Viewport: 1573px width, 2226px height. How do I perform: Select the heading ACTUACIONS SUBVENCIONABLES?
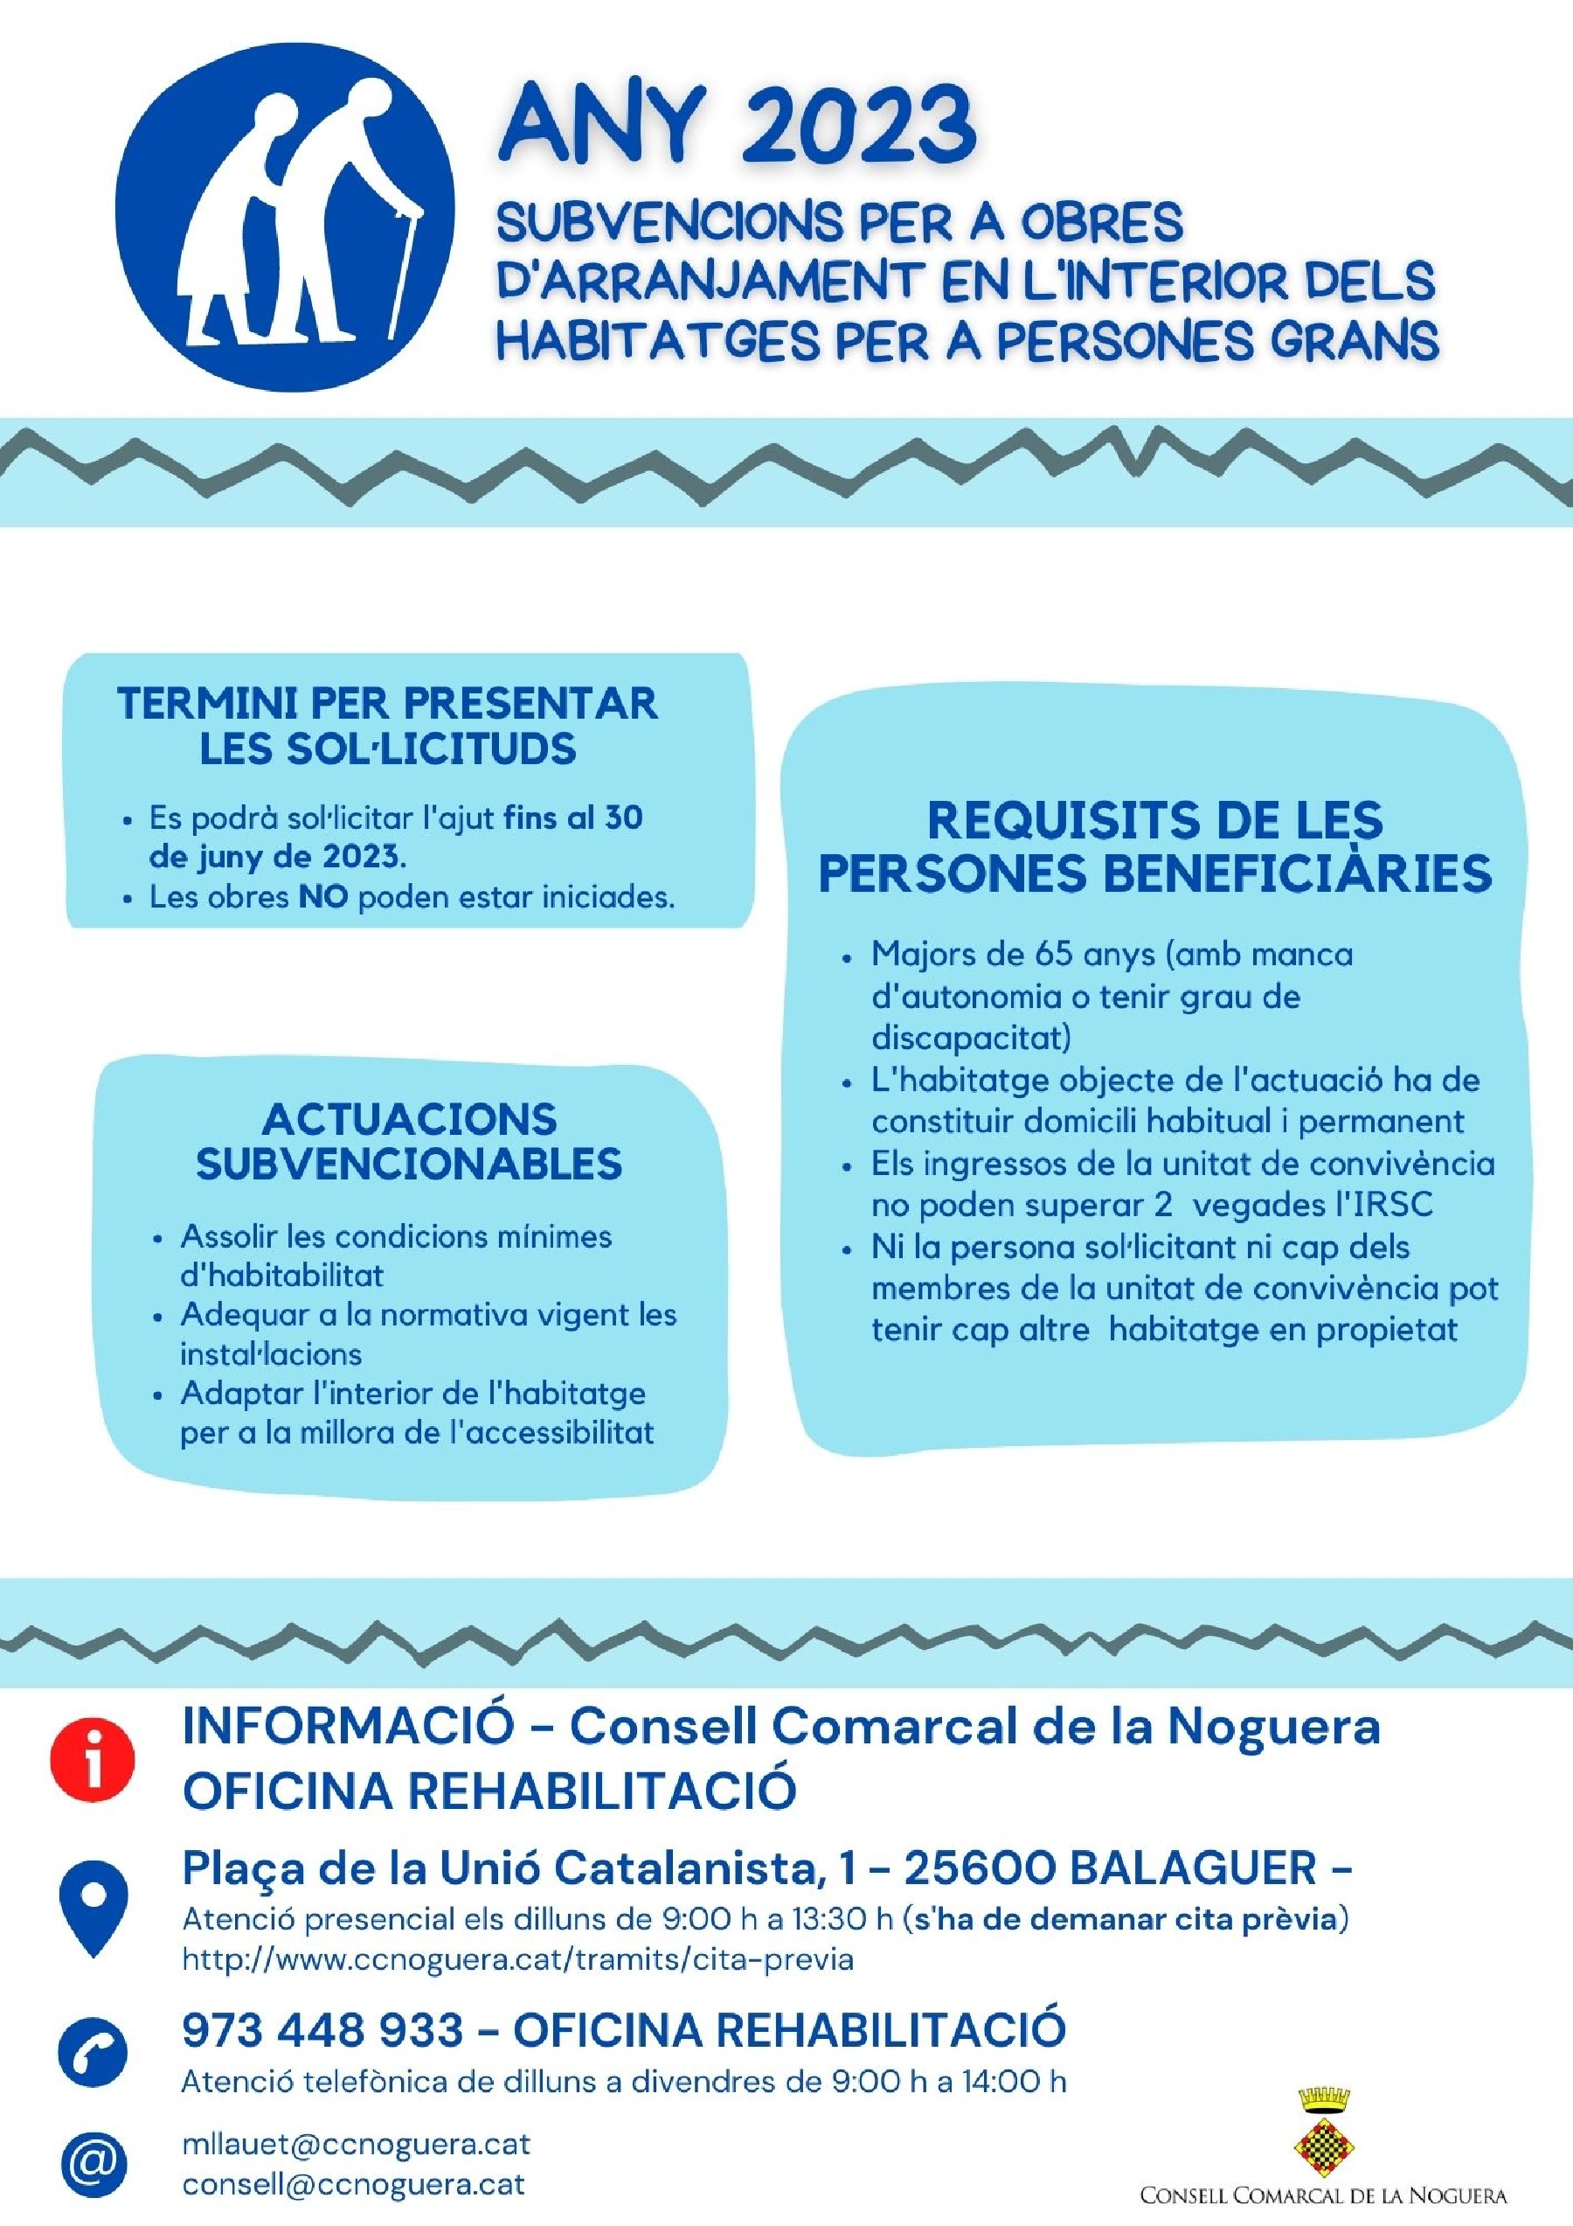(x=409, y=1141)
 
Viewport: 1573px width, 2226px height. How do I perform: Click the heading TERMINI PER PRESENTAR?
(x=388, y=704)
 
